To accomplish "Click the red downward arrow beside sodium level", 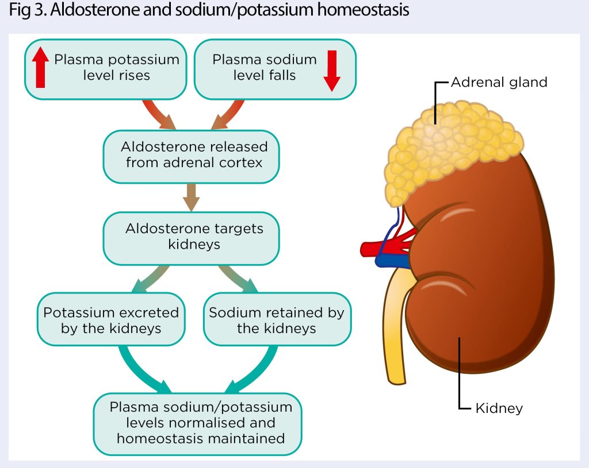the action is coord(332,71).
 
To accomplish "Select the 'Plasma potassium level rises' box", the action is coord(106,69).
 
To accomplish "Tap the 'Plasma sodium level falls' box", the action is coord(275,69).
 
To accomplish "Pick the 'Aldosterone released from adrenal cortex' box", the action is coord(191,157).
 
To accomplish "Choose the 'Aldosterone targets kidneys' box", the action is coord(191,238).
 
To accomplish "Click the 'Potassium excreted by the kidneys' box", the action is coord(111,319).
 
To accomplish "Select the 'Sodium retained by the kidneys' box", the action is coord(277,319).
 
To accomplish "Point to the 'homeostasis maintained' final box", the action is coord(198,424).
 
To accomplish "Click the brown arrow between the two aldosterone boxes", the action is coord(191,198).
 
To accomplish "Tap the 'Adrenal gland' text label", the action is coord(499,82).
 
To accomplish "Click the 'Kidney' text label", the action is coord(499,408).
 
